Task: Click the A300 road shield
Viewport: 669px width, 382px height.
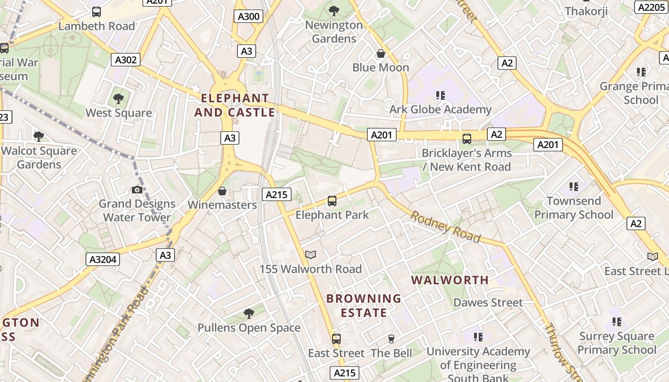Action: tap(249, 17)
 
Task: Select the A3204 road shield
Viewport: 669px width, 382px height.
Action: tap(103, 259)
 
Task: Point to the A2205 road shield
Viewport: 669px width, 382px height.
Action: tap(651, 7)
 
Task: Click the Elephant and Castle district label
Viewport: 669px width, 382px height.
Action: tap(235, 106)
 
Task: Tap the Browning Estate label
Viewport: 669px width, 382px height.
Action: tap(364, 306)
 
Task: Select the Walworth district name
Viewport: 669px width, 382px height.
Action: tap(450, 280)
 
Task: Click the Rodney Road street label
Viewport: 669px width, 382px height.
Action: tap(445, 226)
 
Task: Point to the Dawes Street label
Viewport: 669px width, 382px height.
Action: tap(488, 302)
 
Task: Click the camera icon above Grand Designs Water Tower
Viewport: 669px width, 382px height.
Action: tap(137, 190)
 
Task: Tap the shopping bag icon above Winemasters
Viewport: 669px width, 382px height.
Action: tap(222, 191)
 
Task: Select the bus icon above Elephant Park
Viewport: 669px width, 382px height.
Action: tap(332, 201)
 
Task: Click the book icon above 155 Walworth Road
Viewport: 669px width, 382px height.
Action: tap(311, 255)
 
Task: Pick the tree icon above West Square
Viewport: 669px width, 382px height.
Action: tap(119, 99)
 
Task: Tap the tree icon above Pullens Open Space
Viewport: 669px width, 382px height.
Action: tap(248, 313)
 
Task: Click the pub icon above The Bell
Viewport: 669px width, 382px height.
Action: tap(391, 339)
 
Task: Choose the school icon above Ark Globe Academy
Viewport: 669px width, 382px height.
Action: tap(440, 95)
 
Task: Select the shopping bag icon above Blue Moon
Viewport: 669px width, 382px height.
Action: tap(381, 53)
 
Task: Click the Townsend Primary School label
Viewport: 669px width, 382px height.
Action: tap(573, 208)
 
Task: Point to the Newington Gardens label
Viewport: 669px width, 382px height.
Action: tap(334, 32)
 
